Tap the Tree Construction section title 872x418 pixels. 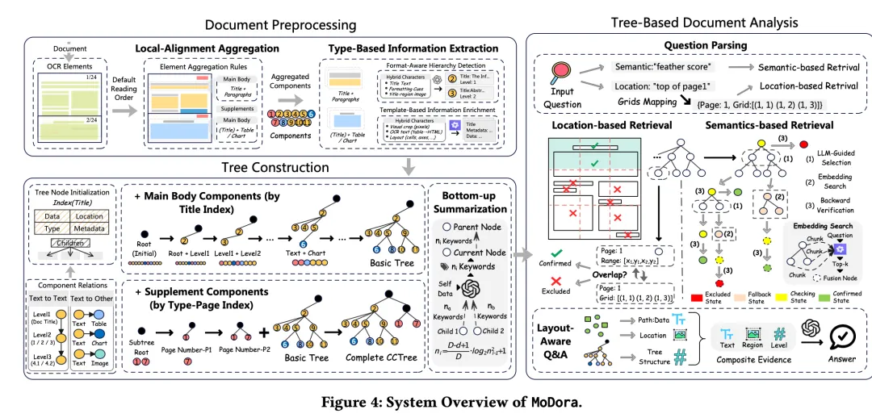(x=275, y=168)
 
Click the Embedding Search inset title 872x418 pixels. (x=823, y=226)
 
